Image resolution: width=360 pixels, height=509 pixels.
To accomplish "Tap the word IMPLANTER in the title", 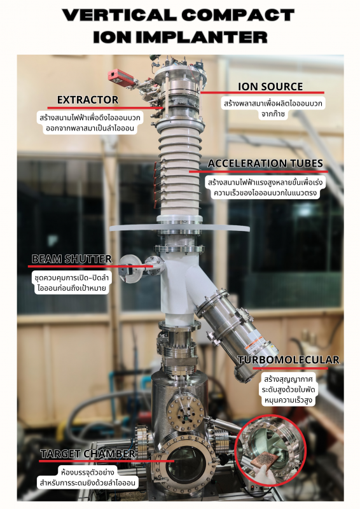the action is coord(202,37).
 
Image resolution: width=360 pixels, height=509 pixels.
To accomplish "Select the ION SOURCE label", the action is coord(270,87).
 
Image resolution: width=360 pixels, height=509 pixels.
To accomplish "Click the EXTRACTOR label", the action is coord(88,100).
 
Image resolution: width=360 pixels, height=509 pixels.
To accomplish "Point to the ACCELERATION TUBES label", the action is coord(265,164).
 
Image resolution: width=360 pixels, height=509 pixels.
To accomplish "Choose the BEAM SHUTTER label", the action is coord(72,259).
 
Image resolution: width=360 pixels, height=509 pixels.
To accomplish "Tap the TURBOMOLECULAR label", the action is coord(289,359).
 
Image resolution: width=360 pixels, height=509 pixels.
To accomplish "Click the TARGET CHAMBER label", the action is coord(88,454).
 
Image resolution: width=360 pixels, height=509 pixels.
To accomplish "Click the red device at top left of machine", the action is coord(121,77).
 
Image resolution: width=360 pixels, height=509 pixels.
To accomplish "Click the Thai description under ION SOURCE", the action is coord(273,109).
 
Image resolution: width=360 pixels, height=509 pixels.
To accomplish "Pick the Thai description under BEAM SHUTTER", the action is coord(72,282).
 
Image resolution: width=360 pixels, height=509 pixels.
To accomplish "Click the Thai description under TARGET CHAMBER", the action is coord(87,477).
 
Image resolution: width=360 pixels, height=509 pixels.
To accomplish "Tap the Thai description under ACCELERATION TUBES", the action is coord(265,187).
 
